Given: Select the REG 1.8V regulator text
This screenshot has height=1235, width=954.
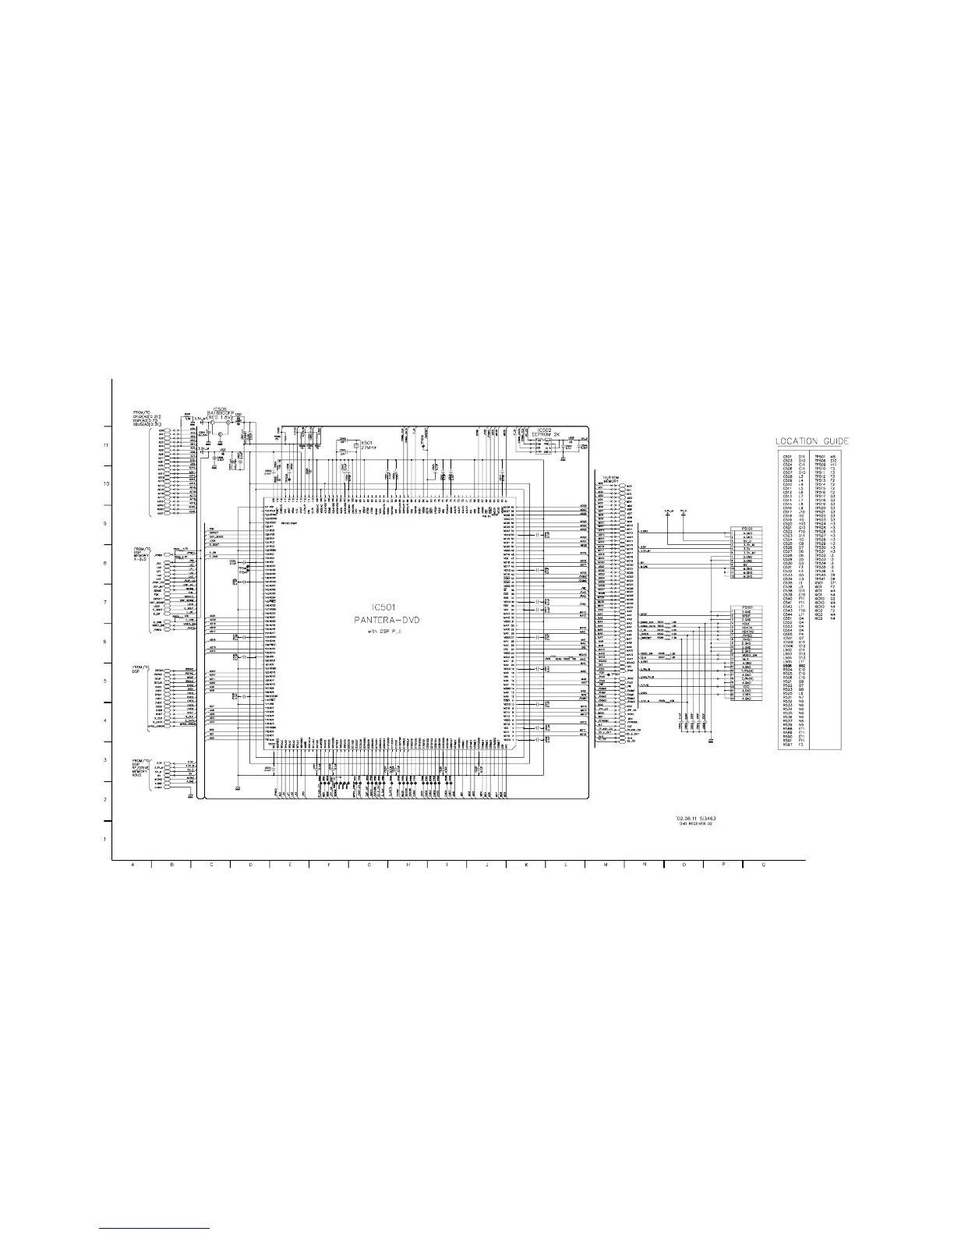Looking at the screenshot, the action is click(223, 417).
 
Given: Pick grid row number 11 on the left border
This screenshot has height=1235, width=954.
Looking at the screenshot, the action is click(105, 445).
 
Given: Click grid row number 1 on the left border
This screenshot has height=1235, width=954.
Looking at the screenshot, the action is click(105, 840).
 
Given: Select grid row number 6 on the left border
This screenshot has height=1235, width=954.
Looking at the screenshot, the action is click(105, 642).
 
